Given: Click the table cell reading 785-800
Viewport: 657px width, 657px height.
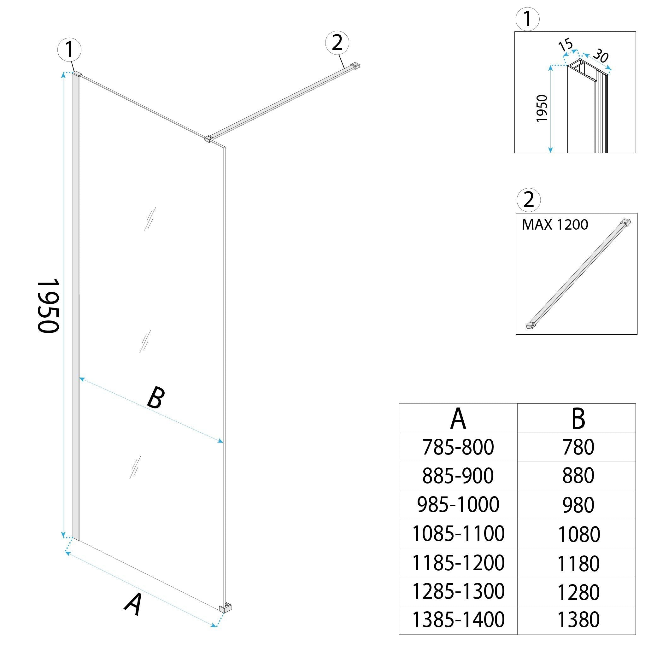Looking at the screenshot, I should point(458,447).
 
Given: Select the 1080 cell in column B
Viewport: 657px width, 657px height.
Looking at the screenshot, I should point(578,534).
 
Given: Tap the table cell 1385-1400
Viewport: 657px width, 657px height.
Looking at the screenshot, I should point(458,619).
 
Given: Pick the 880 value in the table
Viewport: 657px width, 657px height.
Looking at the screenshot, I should point(578,476).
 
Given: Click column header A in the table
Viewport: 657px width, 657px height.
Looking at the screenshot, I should point(458,419).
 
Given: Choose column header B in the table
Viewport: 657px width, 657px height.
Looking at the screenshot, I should point(578,419).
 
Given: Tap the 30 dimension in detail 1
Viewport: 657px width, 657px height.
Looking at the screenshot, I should point(601,56).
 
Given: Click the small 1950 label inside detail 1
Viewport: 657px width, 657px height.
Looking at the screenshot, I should point(542,109).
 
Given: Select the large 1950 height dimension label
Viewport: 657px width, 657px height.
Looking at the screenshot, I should point(48,306).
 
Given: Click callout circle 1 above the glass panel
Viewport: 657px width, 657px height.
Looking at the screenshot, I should point(69,50).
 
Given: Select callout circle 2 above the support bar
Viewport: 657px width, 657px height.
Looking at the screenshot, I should point(337,43).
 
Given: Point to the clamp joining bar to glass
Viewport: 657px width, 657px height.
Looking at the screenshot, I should point(208,138).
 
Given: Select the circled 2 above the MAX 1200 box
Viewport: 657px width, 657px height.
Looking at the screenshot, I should point(528,200).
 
